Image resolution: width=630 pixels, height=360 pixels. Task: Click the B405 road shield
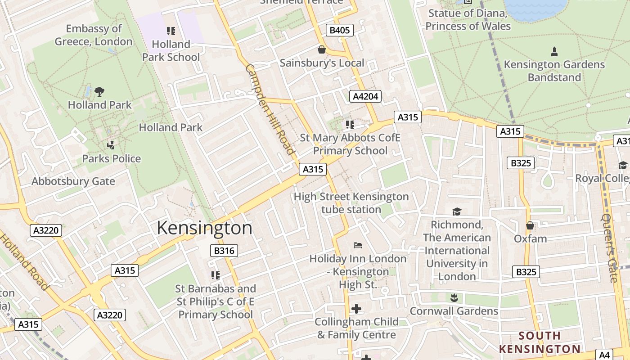pos(339,30)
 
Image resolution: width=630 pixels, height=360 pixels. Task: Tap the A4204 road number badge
pos(365,96)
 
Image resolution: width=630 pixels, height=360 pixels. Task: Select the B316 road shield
pos(224,251)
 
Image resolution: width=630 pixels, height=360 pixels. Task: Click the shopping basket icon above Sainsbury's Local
pos(321,49)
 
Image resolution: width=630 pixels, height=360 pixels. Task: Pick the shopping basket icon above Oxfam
pos(530,225)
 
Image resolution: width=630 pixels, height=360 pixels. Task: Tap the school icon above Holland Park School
pos(171,31)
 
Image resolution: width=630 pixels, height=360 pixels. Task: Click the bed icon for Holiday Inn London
pos(358,245)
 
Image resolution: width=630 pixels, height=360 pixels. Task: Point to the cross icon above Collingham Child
pos(356,309)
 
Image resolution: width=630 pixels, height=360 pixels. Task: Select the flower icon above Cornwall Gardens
pos(454,297)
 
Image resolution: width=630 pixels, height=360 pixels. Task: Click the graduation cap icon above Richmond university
pos(457,211)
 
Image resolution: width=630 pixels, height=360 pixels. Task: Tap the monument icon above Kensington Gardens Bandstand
pos(554,51)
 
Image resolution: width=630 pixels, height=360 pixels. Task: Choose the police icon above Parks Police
pos(111,145)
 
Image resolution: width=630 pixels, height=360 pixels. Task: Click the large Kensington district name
pos(204,228)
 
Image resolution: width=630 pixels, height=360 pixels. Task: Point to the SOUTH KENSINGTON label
pos(540,342)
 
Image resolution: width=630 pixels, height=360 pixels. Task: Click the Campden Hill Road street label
pos(270,109)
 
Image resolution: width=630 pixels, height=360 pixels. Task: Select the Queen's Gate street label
pos(610,248)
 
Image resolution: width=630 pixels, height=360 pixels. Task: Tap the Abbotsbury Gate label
pos(73,181)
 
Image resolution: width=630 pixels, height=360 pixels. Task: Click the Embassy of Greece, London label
pos(94,35)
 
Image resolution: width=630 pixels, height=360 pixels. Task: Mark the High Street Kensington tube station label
pos(351,203)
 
